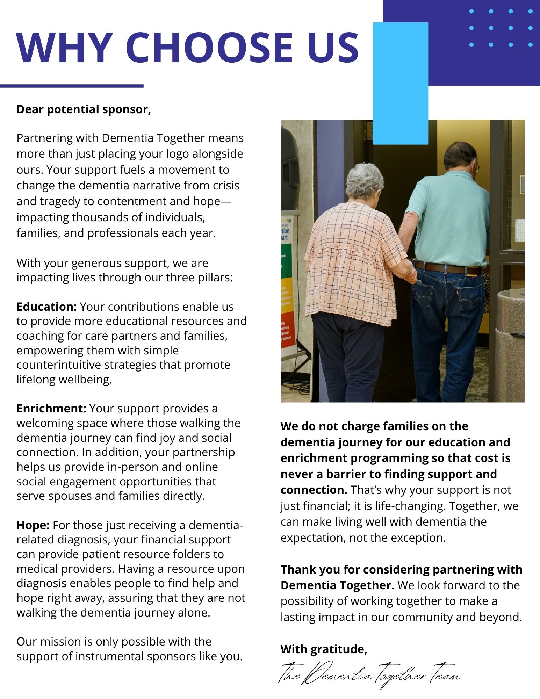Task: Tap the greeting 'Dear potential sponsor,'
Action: coord(84,109)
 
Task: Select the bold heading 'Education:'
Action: coord(46,307)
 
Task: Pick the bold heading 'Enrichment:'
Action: coord(51,408)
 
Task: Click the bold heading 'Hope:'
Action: coord(33,525)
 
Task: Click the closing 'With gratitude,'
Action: coord(324,649)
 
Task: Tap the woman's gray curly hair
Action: coord(364,180)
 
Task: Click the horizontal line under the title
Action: coord(72,86)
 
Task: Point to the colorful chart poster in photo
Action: coord(288,283)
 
